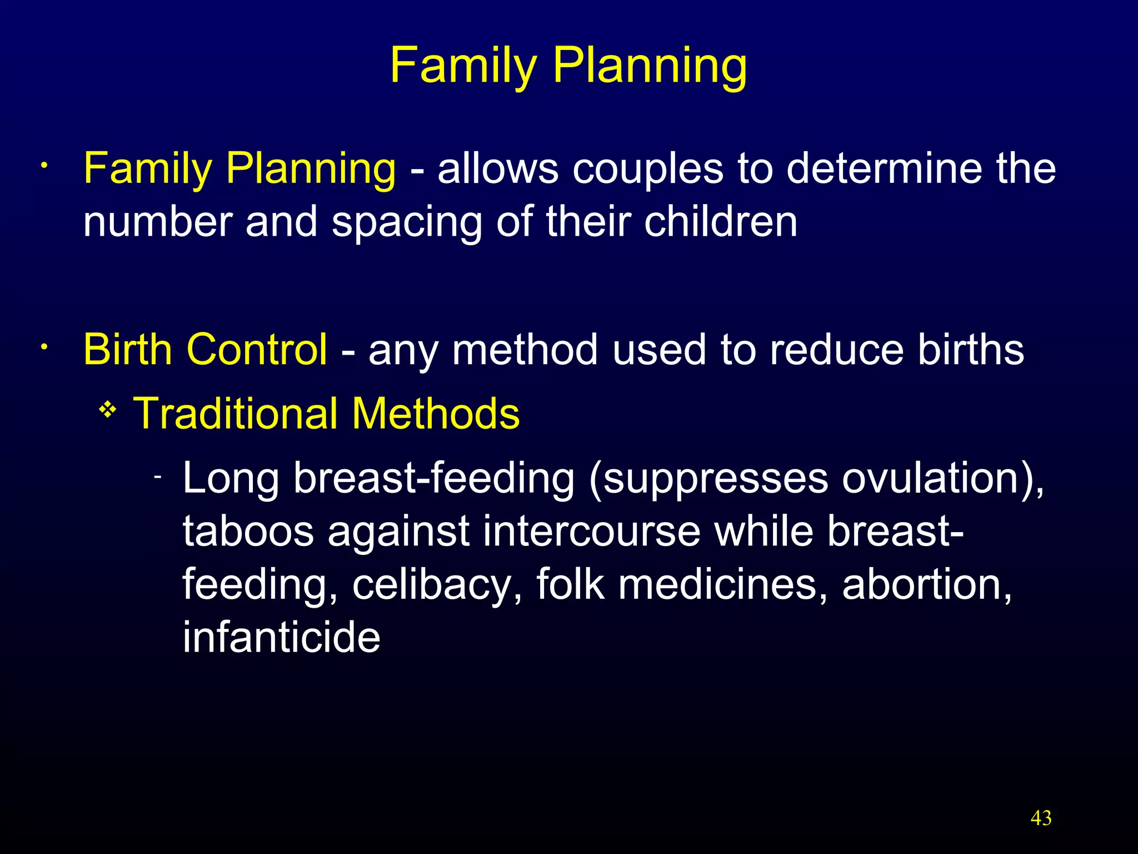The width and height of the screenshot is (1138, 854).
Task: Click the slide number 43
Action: point(1041,818)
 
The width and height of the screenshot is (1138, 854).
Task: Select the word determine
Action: point(884,168)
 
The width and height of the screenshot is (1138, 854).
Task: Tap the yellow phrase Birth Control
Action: point(205,349)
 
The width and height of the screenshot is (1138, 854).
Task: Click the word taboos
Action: point(248,531)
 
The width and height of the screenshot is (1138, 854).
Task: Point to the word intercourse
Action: point(592,531)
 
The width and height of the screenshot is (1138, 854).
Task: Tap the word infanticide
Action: point(281,637)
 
